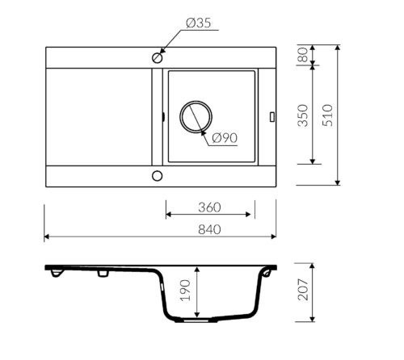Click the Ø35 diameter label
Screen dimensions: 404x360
pyautogui.click(x=199, y=23)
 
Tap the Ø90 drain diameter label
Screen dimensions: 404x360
pyautogui.click(x=225, y=138)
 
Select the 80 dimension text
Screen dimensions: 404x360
pyautogui.click(x=302, y=55)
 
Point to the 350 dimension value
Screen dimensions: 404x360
pyautogui.click(x=302, y=115)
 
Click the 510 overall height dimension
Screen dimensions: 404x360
pyautogui.click(x=327, y=115)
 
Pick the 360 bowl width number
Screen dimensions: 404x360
pyautogui.click(x=209, y=207)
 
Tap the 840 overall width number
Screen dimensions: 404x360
pyautogui.click(x=209, y=230)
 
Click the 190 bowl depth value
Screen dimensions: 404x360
pyautogui.click(x=185, y=291)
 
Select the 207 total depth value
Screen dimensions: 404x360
pyautogui.click(x=302, y=290)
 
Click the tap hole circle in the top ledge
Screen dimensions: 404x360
pyautogui.click(x=158, y=57)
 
